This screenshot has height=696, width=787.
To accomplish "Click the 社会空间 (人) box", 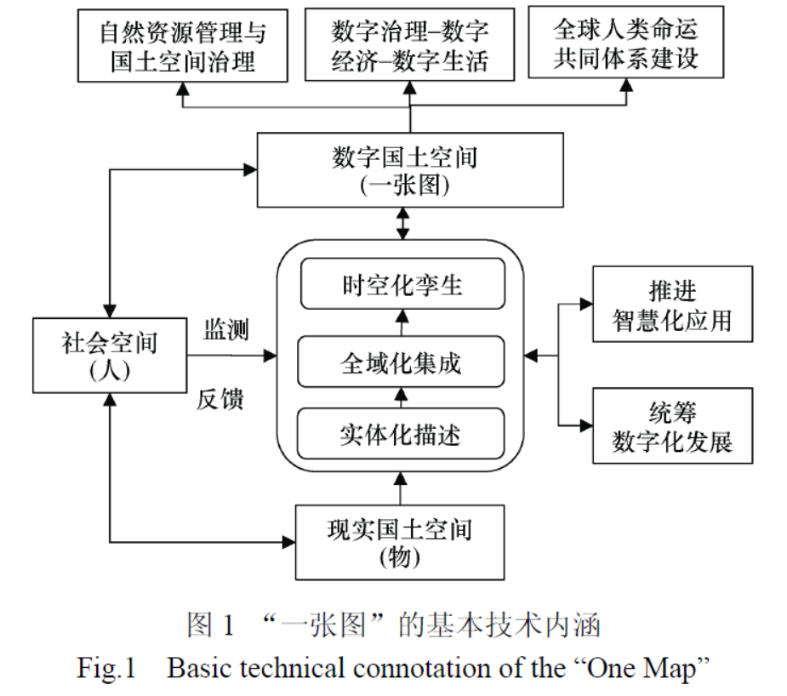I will (109, 357).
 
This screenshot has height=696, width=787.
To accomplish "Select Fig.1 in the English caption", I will (106, 668).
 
